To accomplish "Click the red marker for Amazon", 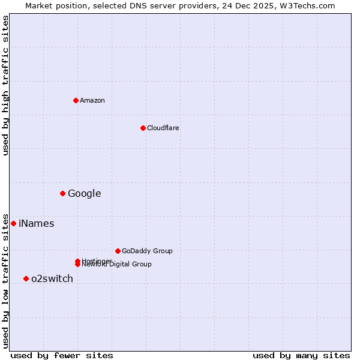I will click(76, 100).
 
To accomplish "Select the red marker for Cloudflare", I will click(143, 128).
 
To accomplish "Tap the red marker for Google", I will click(62, 193).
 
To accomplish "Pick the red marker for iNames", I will click(13, 223).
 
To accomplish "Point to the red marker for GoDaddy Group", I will click(118, 251).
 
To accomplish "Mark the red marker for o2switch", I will click(26, 278).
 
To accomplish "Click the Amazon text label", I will click(92, 100).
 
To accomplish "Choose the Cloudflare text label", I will click(163, 128).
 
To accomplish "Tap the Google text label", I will click(84, 193).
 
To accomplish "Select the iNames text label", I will click(36, 224).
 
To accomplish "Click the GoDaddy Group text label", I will click(147, 251).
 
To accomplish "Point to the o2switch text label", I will click(52, 278).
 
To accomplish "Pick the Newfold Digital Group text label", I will click(118, 265).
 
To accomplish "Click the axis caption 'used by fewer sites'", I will click(62, 355).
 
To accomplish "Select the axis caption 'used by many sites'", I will click(301, 355).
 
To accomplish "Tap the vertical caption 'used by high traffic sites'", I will click(5, 85).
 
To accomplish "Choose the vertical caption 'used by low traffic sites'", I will click(5, 280).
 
